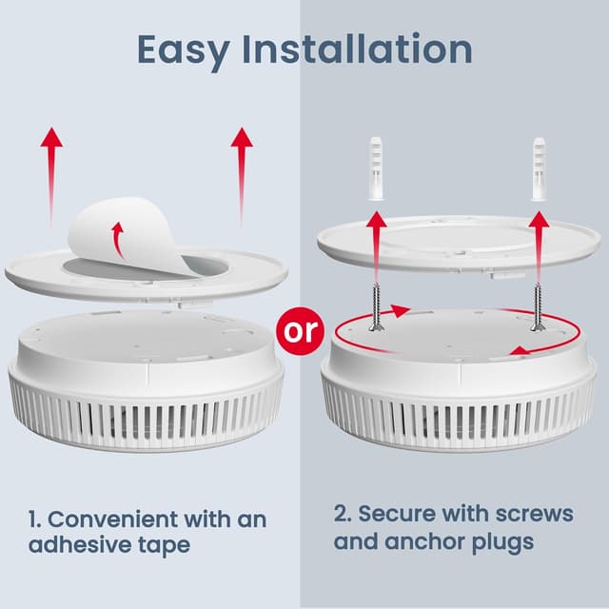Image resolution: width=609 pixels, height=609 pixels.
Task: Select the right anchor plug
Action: click(x=540, y=168)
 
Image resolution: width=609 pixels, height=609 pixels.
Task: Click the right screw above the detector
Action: click(x=538, y=303)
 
